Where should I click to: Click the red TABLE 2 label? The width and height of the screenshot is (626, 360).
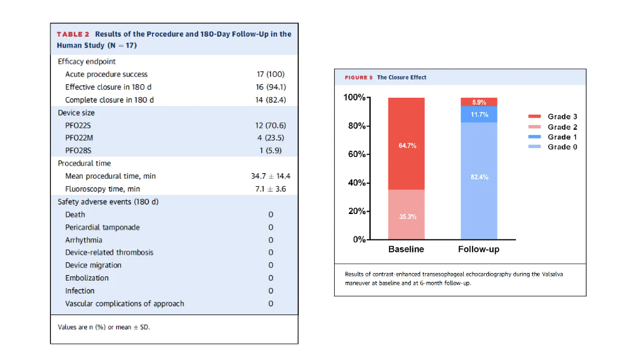coord(73,35)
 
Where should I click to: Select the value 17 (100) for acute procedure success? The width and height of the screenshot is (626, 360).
coord(270,74)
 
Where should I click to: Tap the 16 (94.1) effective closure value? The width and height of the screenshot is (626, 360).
coord(271,87)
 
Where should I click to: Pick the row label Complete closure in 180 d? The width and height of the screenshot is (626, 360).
coord(109,100)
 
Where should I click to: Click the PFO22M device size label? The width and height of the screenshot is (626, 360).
coord(79,138)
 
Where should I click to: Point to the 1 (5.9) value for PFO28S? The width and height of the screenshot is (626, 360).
coord(270,151)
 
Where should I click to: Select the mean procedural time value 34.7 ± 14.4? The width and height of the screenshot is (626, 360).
coord(271,176)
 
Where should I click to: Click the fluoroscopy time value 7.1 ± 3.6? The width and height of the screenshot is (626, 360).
coord(271,189)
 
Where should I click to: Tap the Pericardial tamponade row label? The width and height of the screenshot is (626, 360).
coord(103,228)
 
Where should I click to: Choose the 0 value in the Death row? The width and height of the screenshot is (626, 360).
coord(271,215)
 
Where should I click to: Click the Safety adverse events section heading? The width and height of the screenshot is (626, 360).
coord(108,202)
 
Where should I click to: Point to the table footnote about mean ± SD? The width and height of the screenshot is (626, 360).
coord(104,327)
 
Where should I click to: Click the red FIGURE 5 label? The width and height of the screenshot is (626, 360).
coord(358,77)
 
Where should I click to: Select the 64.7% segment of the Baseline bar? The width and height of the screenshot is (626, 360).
coord(407,144)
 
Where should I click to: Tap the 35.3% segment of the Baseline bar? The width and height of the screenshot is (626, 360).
coord(407,215)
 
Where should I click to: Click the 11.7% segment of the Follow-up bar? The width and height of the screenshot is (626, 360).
coord(479,114)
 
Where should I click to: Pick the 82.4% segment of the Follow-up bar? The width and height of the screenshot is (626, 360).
coord(479,181)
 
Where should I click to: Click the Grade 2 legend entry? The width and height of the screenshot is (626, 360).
coord(553,127)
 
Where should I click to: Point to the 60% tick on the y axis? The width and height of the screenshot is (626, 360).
coord(356,154)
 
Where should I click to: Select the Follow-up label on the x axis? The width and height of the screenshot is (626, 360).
coord(479,249)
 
